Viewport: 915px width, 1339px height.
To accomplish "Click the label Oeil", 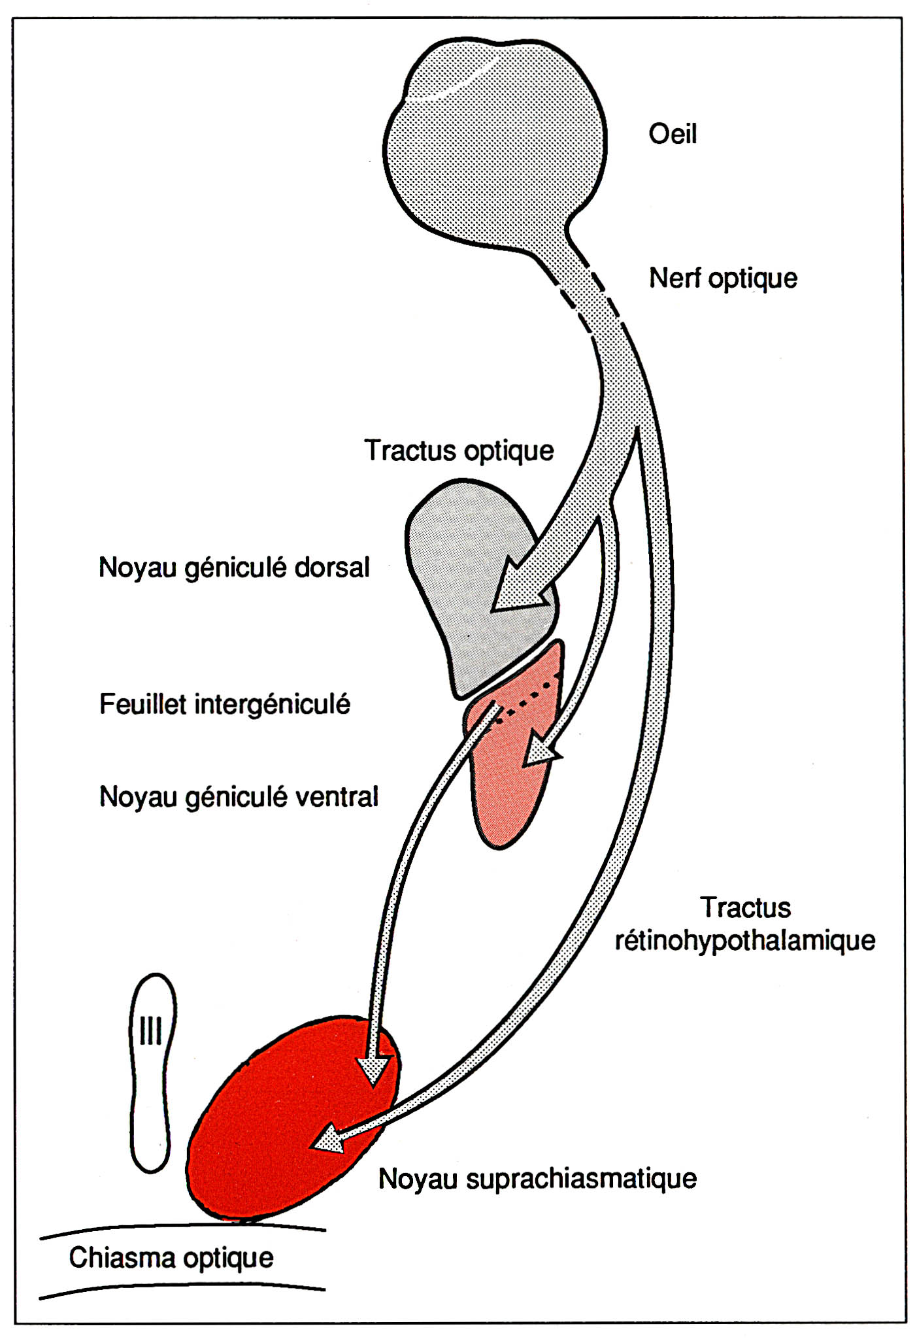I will click(672, 134).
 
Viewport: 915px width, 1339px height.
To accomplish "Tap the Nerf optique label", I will click(722, 279).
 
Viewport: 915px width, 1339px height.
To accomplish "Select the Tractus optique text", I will click(459, 451).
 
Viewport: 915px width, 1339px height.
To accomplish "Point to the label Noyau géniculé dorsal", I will click(234, 568).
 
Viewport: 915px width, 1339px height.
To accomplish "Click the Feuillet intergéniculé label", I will click(224, 705).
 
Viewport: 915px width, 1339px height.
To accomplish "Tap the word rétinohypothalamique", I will click(744, 941).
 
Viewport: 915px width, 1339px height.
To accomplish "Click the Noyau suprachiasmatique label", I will click(537, 1179).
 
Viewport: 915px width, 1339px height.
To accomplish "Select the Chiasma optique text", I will click(171, 1258).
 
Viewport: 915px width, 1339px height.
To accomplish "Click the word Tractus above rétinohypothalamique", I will click(745, 907).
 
